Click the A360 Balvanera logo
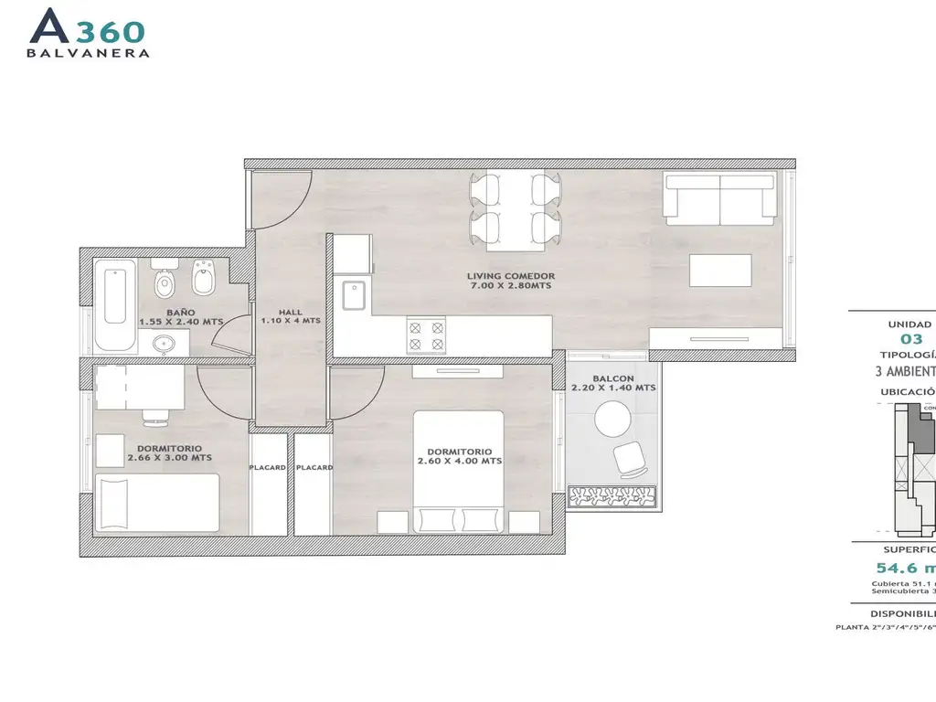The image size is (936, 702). (90, 33)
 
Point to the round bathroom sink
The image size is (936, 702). (165, 344)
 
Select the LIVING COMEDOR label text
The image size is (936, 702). (511, 281)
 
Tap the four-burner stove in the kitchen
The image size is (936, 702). (425, 335)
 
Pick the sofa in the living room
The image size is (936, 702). (719, 198)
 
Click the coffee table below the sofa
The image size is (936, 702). (720, 271)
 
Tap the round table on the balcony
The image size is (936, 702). (612, 420)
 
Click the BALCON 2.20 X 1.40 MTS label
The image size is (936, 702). (612, 382)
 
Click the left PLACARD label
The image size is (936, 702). (268, 467)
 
